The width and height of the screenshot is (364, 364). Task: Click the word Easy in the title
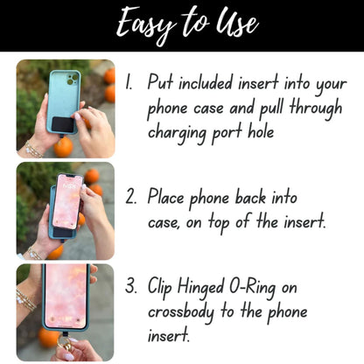pyautogui.click(x=146, y=24)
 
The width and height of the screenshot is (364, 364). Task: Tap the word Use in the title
pyautogui.click(x=237, y=21)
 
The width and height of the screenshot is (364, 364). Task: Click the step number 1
pyautogui.click(x=129, y=82)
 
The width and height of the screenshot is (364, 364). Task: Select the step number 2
pyautogui.click(x=131, y=196)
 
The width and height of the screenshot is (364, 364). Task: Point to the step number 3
pyautogui.click(x=131, y=285)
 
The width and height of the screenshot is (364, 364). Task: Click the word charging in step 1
pyautogui.click(x=178, y=133)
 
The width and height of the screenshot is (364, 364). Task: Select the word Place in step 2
pyautogui.click(x=165, y=196)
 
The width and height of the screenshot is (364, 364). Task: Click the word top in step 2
pyautogui.click(x=220, y=223)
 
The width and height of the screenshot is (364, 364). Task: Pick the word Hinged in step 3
pyautogui.click(x=200, y=287)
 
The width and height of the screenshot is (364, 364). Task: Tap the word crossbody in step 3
pyautogui.click(x=181, y=312)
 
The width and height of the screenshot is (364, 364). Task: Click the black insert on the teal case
pyautogui.click(x=63, y=124)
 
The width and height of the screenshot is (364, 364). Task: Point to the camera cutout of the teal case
pyautogui.click(x=72, y=79)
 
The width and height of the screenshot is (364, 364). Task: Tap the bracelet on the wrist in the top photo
pyautogui.click(x=33, y=150)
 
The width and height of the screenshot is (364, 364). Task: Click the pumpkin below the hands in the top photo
pyautogui.click(x=63, y=147)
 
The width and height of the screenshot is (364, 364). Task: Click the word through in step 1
pyautogui.click(x=316, y=108)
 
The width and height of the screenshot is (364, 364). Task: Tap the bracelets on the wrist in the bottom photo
pyautogui.click(x=26, y=299)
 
